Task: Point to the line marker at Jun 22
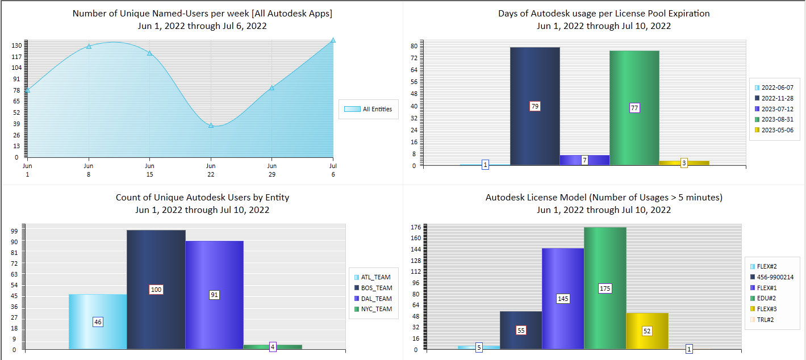tap(211, 125)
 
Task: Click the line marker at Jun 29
tap(272, 87)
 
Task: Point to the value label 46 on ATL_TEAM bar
tap(98, 322)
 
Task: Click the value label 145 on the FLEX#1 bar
tap(563, 299)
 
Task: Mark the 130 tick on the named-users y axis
tap(17, 45)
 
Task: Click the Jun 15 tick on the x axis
tap(149, 170)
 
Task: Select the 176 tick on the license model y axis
tap(415, 228)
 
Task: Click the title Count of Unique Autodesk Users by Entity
tap(202, 198)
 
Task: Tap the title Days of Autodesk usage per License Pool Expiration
tap(604, 13)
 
